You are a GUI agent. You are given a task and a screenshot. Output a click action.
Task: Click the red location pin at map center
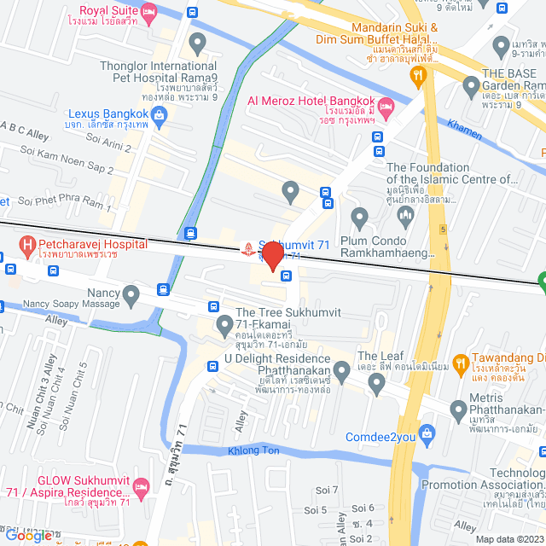tap(272, 257)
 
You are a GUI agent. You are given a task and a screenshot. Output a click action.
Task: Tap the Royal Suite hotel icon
tap(149, 11)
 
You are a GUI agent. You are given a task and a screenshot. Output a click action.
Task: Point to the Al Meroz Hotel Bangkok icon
tap(385, 108)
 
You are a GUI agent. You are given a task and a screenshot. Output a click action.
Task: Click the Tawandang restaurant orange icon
tap(460, 361)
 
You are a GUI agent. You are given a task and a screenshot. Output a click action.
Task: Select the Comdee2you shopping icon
tap(427, 437)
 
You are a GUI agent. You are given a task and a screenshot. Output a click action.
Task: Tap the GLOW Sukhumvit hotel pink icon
tap(142, 486)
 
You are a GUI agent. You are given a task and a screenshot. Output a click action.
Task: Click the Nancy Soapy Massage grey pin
tap(131, 296)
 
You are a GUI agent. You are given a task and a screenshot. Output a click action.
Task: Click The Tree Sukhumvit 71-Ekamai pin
tap(224, 323)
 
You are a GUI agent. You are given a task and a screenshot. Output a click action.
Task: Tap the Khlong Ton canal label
tap(253, 450)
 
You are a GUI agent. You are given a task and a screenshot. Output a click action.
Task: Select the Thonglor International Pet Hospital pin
tap(198, 42)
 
